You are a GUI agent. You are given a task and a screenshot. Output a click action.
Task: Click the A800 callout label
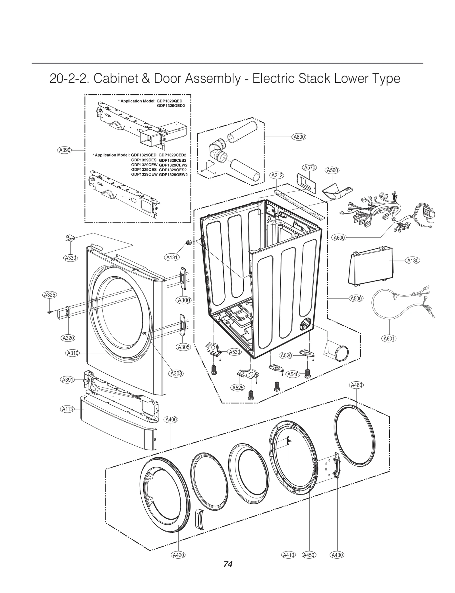point(299,137)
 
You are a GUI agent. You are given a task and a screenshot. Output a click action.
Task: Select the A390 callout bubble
point(65,150)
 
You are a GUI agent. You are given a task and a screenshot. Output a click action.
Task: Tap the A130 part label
point(413,260)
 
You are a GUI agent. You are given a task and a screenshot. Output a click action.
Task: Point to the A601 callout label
point(389,338)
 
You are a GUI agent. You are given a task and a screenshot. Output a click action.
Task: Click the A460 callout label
point(356,385)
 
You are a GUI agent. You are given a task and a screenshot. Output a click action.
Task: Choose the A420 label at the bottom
point(178,563)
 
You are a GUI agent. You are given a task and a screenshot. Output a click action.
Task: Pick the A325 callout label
point(49,295)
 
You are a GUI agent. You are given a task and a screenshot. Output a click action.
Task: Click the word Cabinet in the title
point(112,79)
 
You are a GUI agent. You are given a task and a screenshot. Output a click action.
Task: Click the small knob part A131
point(188,242)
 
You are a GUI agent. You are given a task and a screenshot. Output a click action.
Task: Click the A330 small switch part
point(70,238)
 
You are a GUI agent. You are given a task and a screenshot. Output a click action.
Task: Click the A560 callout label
point(332,170)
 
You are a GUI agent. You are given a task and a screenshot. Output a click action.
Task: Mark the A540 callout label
point(293,374)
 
